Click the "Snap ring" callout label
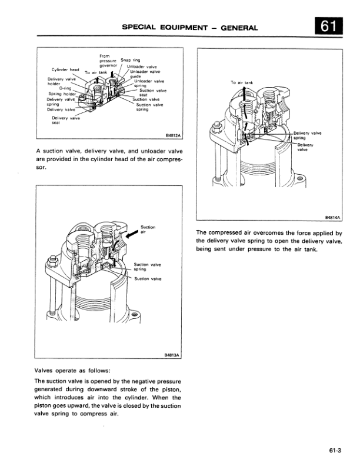[130, 60]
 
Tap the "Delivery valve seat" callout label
[66, 120]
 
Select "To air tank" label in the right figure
[242, 82]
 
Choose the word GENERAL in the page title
[238, 27]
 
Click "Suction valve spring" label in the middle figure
[148, 267]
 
